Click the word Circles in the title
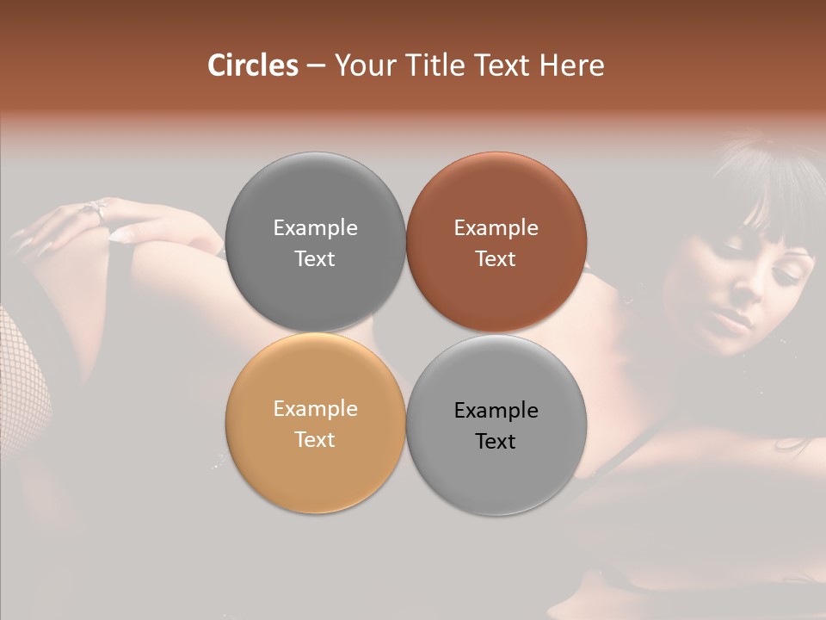click(x=253, y=65)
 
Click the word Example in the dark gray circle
click(x=315, y=227)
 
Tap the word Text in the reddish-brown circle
click(x=496, y=258)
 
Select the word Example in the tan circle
click(x=315, y=408)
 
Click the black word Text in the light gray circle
click(x=496, y=441)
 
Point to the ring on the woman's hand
click(x=96, y=209)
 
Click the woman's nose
click(x=749, y=297)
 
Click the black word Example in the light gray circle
click(x=496, y=410)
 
